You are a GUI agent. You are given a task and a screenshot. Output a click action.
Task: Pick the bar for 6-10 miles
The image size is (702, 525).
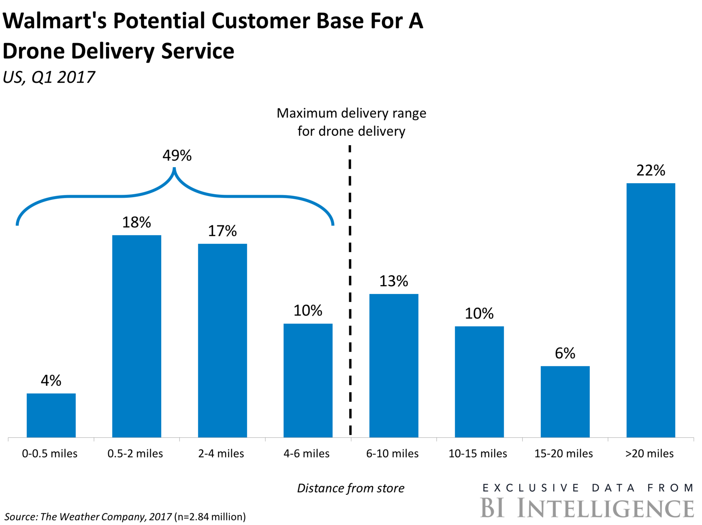pyautogui.click(x=394, y=365)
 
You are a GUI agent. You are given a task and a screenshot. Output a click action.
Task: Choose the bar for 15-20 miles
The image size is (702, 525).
pyautogui.click(x=565, y=401)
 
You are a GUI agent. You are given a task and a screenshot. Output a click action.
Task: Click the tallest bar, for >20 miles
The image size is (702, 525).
pyautogui.click(x=651, y=310)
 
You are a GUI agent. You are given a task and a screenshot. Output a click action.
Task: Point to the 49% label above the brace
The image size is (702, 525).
pyautogui.click(x=177, y=156)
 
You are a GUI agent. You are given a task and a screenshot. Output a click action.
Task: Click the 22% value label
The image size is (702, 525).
pyautogui.click(x=651, y=170)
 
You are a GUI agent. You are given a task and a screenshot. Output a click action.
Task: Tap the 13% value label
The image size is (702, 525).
pyautogui.click(x=394, y=281)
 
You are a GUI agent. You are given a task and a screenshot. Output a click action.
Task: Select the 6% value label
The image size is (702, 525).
pyautogui.click(x=565, y=353)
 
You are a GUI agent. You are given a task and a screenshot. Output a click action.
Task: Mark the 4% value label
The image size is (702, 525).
pyautogui.click(x=51, y=381)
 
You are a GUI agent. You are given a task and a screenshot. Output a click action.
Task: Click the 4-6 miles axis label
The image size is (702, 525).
pyautogui.click(x=306, y=454)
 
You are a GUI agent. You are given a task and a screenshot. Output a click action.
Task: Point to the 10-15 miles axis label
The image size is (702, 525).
pyautogui.click(x=478, y=454)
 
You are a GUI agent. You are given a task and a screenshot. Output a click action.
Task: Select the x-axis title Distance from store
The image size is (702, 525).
pyautogui.click(x=351, y=488)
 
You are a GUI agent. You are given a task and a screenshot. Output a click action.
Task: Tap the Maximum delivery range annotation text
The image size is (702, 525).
pyautogui.click(x=351, y=122)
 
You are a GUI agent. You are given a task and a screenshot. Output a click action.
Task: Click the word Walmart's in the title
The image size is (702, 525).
pyautogui.click(x=55, y=21)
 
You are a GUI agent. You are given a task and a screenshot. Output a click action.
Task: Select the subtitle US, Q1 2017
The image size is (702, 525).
pyautogui.click(x=49, y=77)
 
